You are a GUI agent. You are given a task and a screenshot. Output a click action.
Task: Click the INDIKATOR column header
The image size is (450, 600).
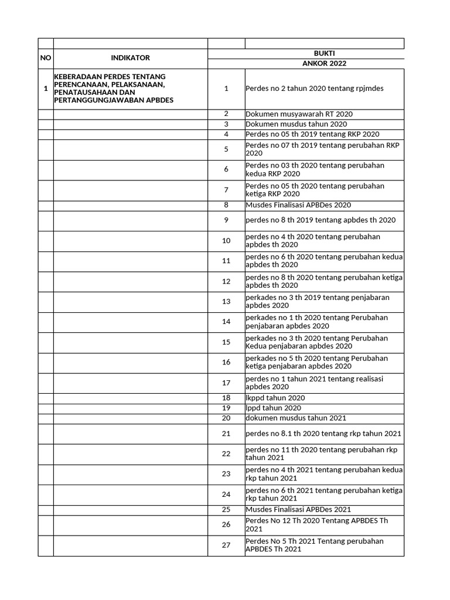(x=130, y=58)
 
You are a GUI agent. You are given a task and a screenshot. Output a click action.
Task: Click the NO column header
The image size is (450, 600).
(x=45, y=58)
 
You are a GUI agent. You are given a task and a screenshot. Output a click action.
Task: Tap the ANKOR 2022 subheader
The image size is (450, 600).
(x=324, y=63)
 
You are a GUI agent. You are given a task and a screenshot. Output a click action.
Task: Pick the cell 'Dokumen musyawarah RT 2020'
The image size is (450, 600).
(x=299, y=114)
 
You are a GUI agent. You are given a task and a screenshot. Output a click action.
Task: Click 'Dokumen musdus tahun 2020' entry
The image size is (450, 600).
(x=296, y=124)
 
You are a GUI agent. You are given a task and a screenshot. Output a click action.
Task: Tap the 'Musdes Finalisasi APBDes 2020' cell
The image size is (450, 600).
(x=298, y=205)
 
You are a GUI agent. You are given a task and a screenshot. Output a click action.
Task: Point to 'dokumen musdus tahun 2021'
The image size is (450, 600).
(x=296, y=418)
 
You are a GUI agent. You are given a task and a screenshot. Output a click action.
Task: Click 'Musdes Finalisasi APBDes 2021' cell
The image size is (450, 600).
(x=298, y=510)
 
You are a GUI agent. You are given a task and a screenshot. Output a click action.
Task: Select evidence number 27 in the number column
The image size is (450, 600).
(x=226, y=546)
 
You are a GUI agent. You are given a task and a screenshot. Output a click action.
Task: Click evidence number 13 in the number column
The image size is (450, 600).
(x=226, y=302)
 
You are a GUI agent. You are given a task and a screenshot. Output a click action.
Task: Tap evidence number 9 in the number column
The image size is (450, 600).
(x=226, y=220)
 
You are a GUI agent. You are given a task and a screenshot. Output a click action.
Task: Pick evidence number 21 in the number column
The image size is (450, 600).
(x=226, y=434)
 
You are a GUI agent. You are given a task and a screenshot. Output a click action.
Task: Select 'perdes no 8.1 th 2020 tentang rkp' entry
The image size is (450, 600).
(x=323, y=434)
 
